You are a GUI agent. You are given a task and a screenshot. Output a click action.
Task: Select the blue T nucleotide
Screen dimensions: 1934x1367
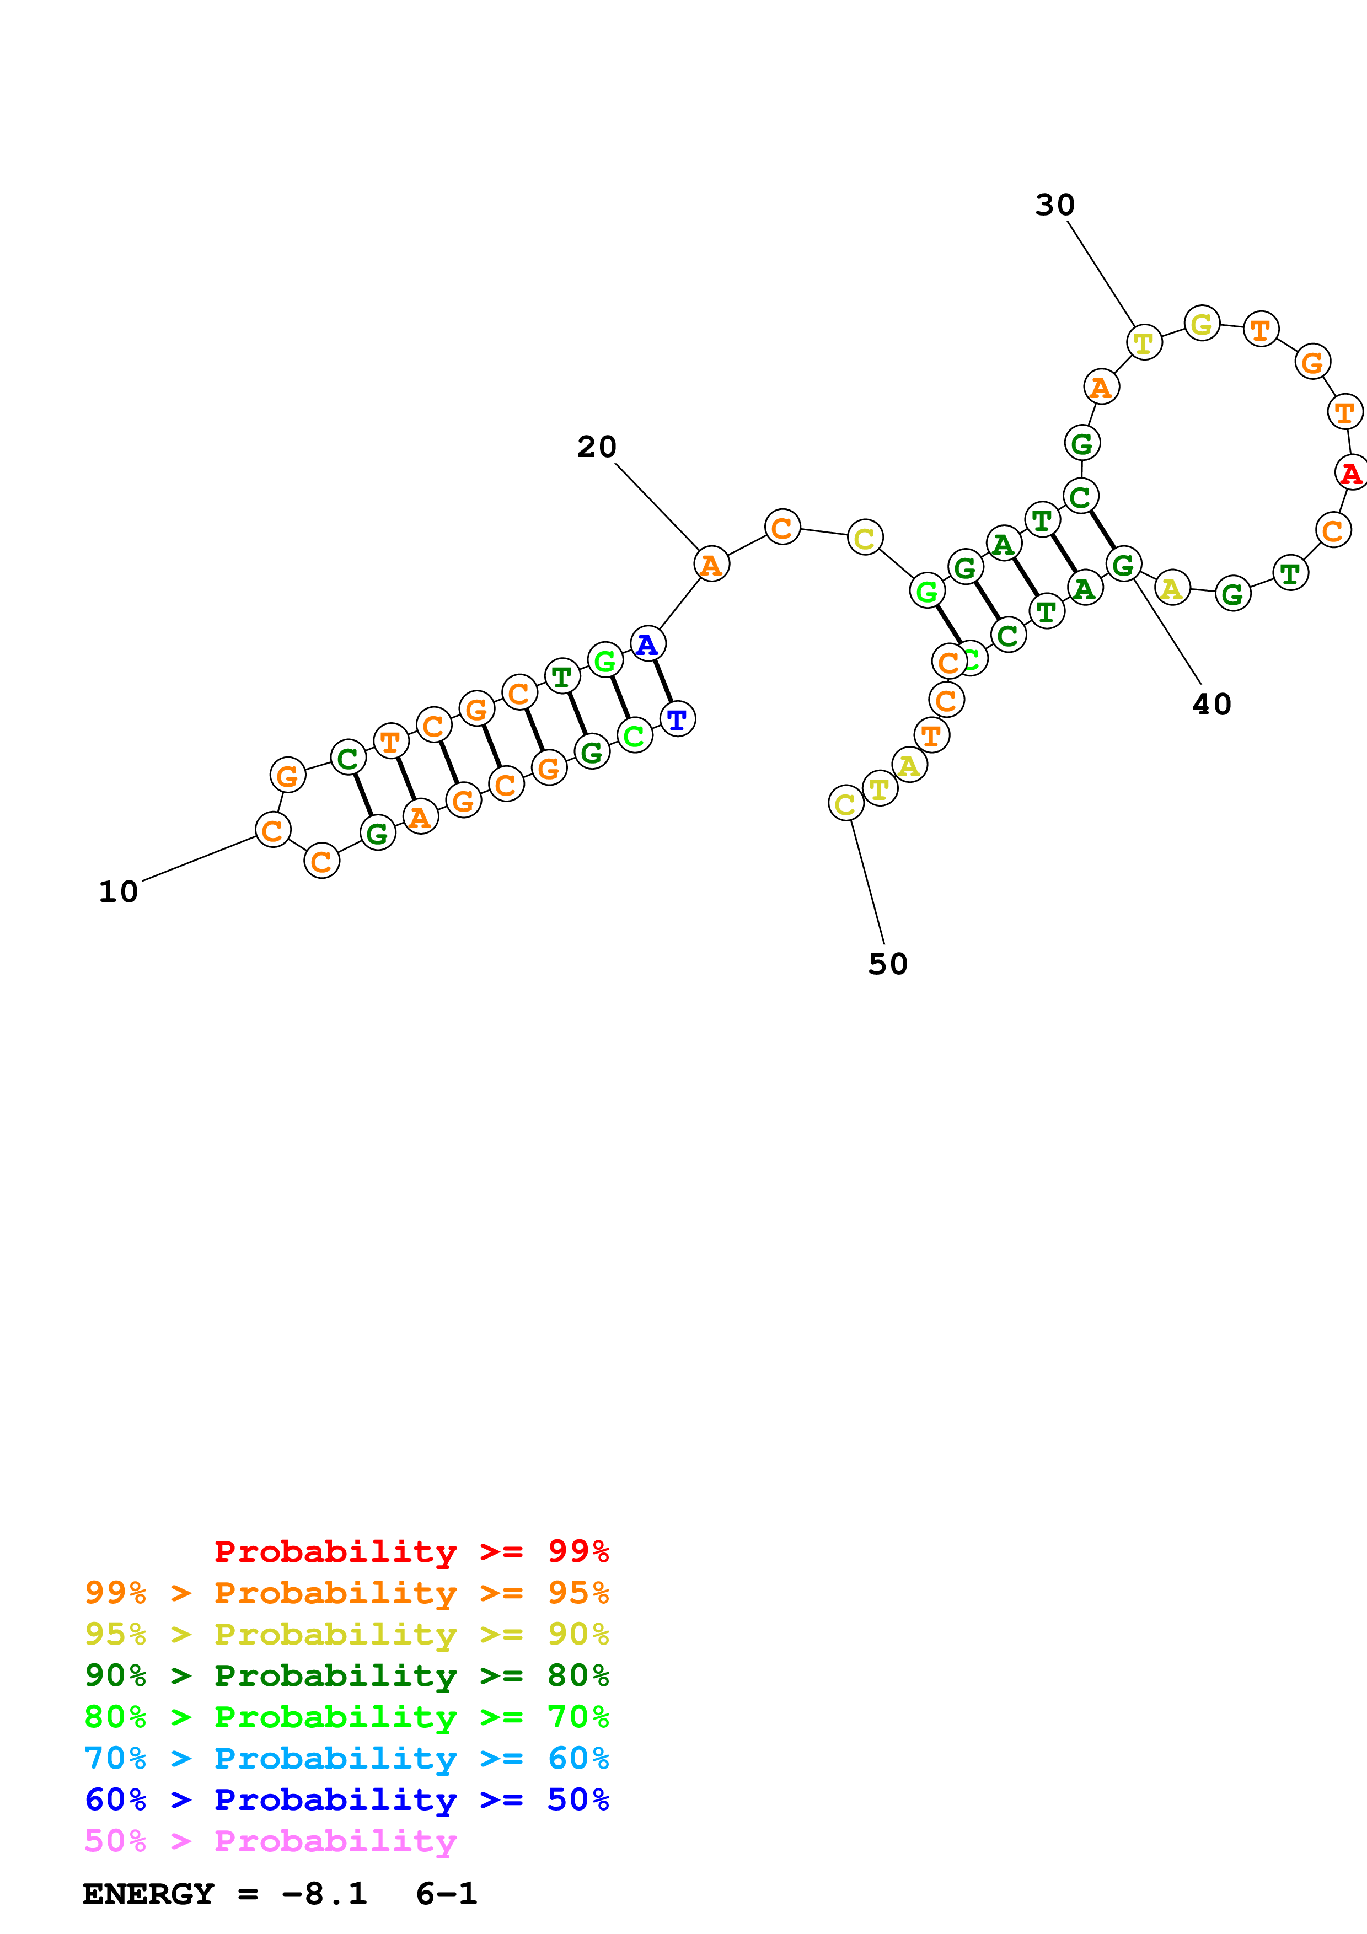(677, 719)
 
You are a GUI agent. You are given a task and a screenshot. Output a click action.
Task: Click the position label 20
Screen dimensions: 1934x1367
(596, 447)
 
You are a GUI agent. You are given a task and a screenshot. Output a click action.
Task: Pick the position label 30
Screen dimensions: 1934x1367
(1054, 205)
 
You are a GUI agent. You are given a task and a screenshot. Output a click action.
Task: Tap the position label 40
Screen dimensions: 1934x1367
(1211, 704)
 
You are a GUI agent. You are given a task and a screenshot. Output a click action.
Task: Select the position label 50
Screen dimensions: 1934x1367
(888, 964)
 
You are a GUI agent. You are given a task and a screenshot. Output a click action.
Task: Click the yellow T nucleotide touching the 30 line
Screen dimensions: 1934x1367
(1144, 342)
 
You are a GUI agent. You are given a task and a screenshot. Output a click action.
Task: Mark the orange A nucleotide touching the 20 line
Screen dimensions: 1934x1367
(711, 565)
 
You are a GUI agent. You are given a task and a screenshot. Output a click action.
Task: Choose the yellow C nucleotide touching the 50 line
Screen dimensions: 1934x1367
(846, 804)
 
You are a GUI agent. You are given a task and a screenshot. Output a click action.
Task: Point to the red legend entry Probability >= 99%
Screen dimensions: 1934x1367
(411, 1551)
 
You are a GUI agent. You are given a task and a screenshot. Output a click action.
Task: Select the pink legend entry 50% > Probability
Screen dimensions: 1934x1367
(270, 1841)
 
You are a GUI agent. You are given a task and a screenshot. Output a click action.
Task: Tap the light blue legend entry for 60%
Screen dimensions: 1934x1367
(346, 1759)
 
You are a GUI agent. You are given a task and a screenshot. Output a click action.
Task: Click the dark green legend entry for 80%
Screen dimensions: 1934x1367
(346, 1676)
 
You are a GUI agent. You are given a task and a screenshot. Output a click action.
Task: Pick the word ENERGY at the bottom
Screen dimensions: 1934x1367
(148, 1894)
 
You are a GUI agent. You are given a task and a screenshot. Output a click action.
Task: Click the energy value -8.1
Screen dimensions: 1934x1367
(324, 1894)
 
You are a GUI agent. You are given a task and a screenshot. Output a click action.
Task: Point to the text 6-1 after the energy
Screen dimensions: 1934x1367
(447, 1894)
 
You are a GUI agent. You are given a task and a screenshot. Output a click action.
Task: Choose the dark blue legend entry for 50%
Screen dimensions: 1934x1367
(346, 1800)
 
